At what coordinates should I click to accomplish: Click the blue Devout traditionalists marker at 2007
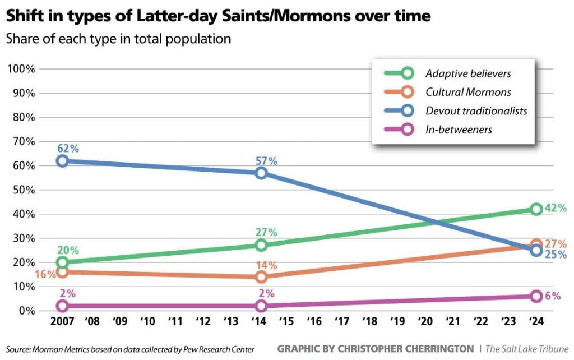[x=62, y=161]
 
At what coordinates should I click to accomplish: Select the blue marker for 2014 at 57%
[x=261, y=173]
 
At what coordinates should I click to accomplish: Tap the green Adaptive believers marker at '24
[x=536, y=209]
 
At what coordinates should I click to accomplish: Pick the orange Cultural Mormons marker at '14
[x=261, y=277]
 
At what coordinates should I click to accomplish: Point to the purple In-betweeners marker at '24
[x=536, y=296]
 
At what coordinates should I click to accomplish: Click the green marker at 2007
[x=62, y=262]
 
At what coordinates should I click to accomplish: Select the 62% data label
[x=68, y=149]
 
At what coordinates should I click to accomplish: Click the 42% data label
[x=556, y=208]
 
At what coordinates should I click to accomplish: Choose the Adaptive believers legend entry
[x=467, y=73]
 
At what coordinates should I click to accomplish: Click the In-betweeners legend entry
[x=458, y=130]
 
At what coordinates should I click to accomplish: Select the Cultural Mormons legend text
[x=467, y=92]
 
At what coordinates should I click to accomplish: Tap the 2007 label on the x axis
[x=62, y=322]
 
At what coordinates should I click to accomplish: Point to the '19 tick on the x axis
[x=397, y=322]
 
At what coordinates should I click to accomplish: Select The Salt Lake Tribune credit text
[x=527, y=349]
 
